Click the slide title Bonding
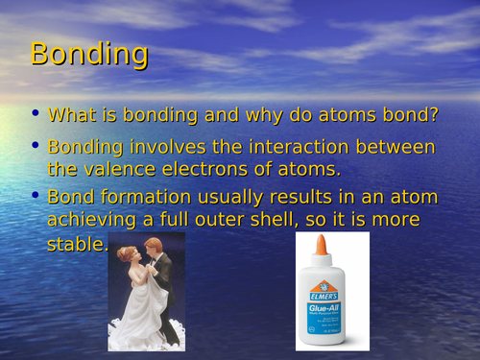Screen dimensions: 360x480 tap(89, 55)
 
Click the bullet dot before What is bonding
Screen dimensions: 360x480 tap(36, 113)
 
